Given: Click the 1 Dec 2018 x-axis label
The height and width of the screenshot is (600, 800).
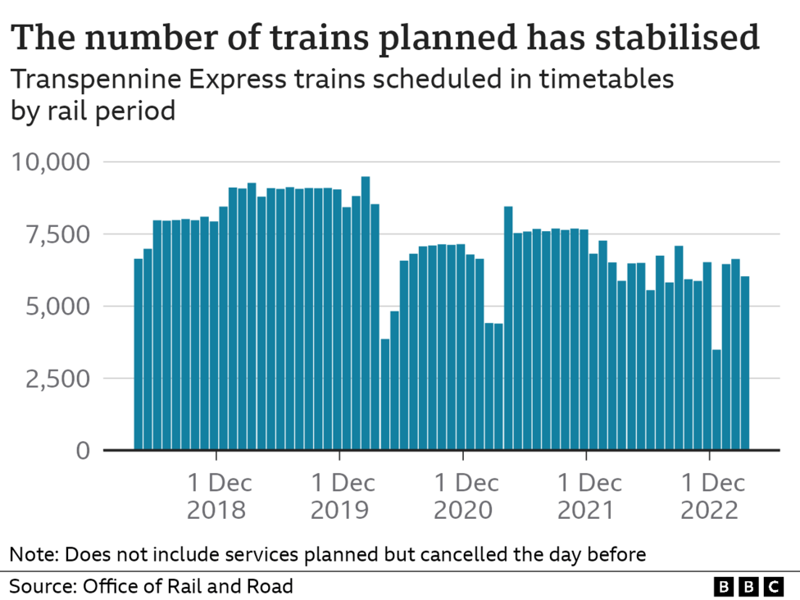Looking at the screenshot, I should pyautogui.click(x=216, y=495).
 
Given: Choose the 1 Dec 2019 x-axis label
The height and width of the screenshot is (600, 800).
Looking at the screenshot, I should pyautogui.click(x=339, y=495).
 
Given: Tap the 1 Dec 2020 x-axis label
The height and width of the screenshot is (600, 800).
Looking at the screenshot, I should pyautogui.click(x=463, y=495).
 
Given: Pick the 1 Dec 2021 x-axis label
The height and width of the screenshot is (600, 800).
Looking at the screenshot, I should pyautogui.click(x=586, y=495).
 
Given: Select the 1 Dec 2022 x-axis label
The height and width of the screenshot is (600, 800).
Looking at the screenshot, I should pyautogui.click(x=709, y=495).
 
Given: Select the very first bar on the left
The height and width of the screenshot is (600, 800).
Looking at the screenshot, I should pyautogui.click(x=139, y=354).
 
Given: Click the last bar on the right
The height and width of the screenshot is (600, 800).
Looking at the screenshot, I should pyautogui.click(x=745, y=363).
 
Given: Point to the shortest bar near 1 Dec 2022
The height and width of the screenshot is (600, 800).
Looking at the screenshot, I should pyautogui.click(x=717, y=400).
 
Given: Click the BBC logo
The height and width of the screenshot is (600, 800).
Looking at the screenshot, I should pyautogui.click(x=748, y=586).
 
